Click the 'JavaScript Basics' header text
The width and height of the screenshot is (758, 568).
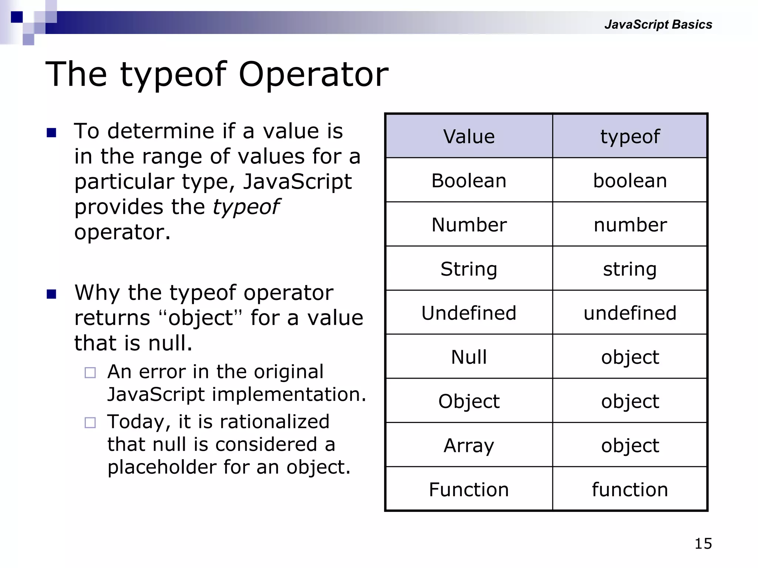658,24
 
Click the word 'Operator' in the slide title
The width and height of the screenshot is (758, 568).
313,74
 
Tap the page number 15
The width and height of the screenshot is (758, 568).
703,544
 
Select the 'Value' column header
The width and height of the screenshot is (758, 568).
469,136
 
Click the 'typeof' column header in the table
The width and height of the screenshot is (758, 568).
630,136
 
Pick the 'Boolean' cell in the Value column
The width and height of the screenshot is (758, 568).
469,181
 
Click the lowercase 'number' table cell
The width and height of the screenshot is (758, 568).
630,225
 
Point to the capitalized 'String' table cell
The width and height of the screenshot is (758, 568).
469,269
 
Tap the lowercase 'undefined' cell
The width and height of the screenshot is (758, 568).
630,313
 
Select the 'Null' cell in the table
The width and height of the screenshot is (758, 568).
469,357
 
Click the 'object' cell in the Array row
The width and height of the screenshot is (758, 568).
630,445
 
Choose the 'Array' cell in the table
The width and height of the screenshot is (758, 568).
469,445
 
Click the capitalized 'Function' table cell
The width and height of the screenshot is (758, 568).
469,490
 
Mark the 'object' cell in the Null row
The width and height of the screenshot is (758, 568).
630,357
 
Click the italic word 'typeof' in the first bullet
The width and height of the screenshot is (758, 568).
246,207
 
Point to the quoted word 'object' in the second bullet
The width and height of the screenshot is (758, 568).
200,318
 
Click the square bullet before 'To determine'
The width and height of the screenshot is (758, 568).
51,132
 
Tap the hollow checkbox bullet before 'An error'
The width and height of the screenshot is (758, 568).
90,372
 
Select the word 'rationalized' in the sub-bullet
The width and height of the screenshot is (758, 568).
274,422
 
